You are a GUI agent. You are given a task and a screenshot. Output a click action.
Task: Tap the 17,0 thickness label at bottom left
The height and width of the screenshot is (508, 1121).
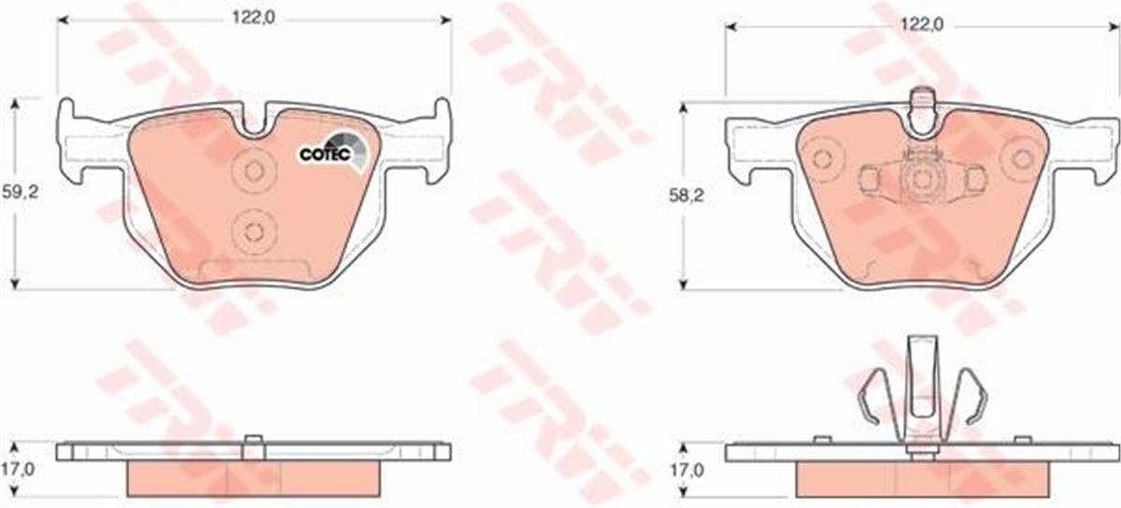(15, 472)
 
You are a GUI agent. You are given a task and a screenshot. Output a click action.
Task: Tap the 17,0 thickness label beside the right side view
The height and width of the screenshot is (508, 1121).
(686, 472)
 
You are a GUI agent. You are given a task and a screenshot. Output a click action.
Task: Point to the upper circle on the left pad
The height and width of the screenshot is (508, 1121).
(249, 171)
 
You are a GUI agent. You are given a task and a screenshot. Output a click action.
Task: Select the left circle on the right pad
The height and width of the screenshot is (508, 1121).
(822, 159)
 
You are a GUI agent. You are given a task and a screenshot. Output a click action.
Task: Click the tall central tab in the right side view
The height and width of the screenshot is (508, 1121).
(921, 383)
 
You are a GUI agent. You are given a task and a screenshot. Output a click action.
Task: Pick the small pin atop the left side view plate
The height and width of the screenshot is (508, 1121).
(253, 442)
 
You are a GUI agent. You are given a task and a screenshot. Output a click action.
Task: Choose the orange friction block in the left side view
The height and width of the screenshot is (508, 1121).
(253, 477)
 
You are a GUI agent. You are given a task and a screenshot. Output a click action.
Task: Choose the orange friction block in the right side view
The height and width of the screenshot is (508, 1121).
(921, 478)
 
